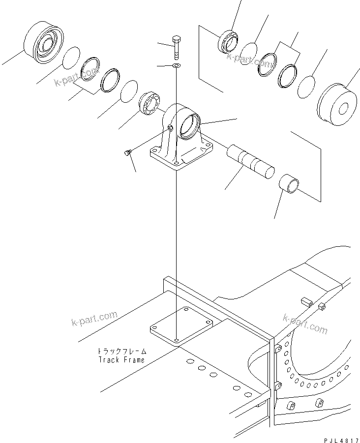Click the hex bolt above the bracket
pyautogui.click(x=177, y=46)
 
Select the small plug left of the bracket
pyautogui.click(x=127, y=154)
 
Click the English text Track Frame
pyautogui.click(x=121, y=360)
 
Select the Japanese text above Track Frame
pyautogui.click(x=121, y=352)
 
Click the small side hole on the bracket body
pyautogui.click(x=171, y=128)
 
